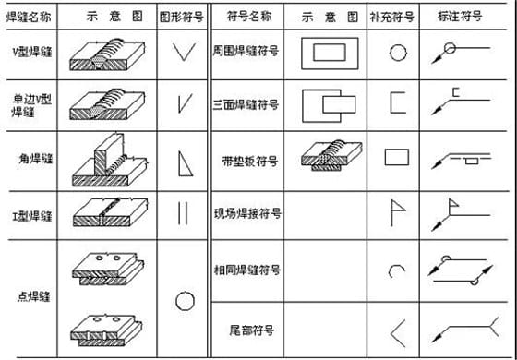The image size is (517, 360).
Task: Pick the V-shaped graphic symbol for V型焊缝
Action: pos(184,53)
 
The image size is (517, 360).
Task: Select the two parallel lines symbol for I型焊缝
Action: pos(183,212)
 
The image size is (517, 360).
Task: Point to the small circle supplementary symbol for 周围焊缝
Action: pos(396,53)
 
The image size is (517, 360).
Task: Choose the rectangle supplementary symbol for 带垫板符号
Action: pos(396,156)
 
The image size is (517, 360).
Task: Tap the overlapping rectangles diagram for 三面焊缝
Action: pos(329,105)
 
